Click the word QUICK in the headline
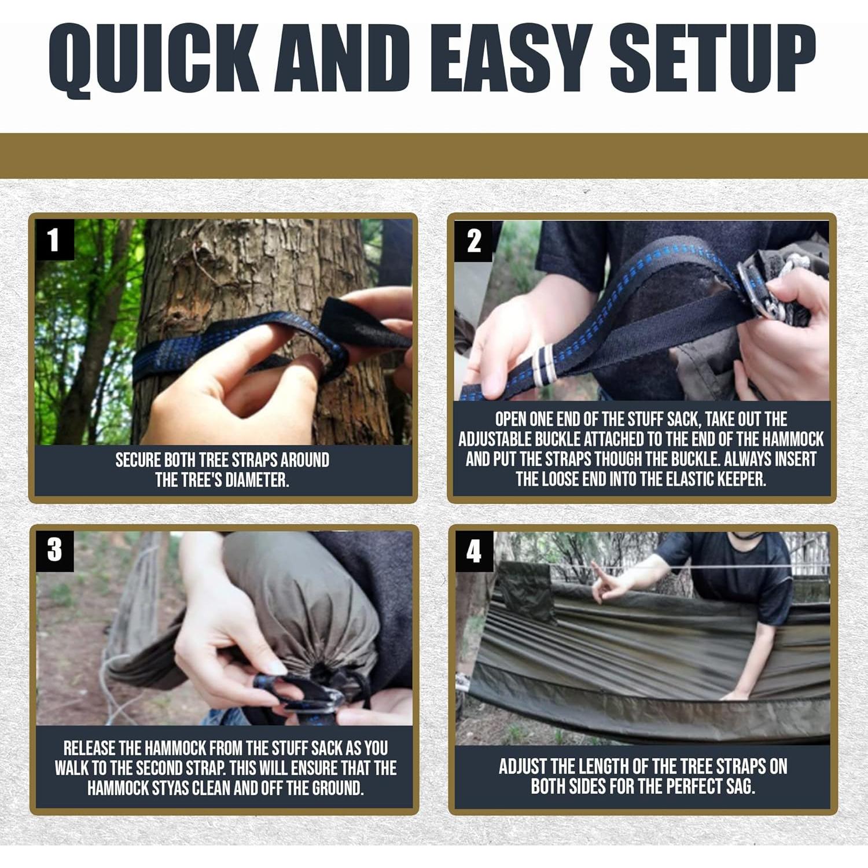click(153, 59)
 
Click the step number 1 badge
click(54, 240)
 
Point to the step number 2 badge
click(473, 241)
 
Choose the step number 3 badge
click(54, 550)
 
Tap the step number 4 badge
click(474, 551)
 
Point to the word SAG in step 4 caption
click(740, 786)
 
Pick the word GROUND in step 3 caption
click(337, 788)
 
